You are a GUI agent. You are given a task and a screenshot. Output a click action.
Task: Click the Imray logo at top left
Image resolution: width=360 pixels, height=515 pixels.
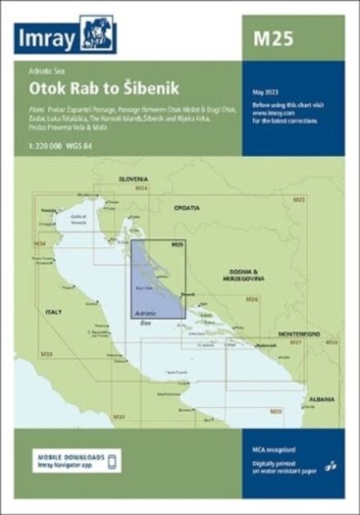pyautogui.click(x=65, y=38)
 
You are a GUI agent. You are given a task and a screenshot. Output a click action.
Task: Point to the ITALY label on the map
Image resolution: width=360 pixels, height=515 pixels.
pyautogui.click(x=52, y=312)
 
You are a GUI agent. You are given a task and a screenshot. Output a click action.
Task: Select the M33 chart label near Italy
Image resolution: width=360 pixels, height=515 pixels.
pyautogui.click(x=47, y=353)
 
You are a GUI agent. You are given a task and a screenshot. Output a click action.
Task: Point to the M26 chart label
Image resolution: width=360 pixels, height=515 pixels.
pyautogui.click(x=252, y=300)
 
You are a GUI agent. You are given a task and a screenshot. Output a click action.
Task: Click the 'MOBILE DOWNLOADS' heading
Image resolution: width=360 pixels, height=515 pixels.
pyautogui.click(x=70, y=455)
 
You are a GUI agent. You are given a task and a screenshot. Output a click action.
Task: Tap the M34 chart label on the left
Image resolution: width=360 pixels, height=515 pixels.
pyautogui.click(x=38, y=244)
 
